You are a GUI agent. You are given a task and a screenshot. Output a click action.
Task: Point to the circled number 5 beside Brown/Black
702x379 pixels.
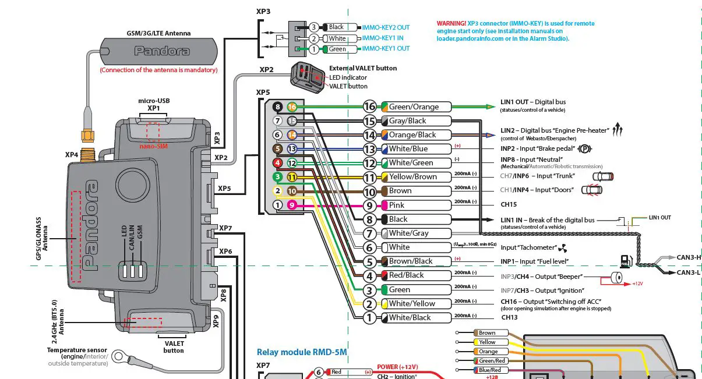tap(369, 261)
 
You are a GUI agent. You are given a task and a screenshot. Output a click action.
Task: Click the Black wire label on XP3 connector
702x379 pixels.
tap(336, 27)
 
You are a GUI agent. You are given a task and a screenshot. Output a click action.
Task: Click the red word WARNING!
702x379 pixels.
tap(451, 24)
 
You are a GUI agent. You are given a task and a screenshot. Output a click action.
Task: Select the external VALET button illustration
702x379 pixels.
tap(309, 77)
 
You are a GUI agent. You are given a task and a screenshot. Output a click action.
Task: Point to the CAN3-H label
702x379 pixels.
tap(689, 257)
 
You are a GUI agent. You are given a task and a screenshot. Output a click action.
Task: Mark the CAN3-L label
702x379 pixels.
tap(689, 272)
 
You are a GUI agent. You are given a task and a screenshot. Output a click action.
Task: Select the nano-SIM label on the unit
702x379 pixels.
tap(153, 146)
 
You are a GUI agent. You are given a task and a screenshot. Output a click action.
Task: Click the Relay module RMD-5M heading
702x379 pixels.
tap(301, 352)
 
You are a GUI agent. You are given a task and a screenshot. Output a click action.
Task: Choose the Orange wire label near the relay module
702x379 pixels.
tap(488, 352)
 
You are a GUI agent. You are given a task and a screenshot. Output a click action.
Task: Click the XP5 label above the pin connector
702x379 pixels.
tap(263, 92)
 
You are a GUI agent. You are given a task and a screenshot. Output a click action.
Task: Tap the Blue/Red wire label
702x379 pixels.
tap(489, 370)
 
